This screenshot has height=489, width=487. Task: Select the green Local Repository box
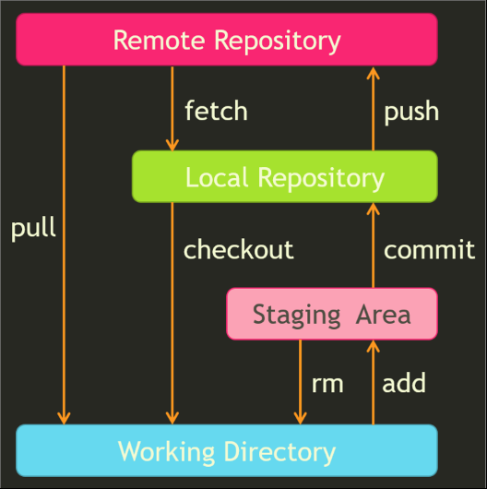click(284, 177)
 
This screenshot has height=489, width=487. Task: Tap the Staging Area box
click(331, 315)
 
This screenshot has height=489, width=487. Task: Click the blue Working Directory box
click(226, 452)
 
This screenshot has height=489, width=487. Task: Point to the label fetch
click(216, 112)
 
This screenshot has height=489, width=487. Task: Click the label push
click(411, 113)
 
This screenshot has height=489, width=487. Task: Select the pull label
click(33, 229)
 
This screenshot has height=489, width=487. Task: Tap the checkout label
click(238, 250)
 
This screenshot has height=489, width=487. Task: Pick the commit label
click(429, 250)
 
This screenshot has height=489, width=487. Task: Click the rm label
click(327, 384)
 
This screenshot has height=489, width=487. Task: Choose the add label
click(404, 384)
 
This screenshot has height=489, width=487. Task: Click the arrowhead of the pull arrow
click(64, 418)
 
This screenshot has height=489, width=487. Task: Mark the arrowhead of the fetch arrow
click(172, 144)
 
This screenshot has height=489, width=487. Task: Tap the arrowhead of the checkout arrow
click(172, 418)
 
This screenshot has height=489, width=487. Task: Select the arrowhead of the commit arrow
click(374, 209)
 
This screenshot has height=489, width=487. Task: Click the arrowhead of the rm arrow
click(300, 418)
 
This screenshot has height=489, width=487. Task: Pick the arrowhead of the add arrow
click(374, 347)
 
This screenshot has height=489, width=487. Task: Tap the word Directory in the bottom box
click(279, 452)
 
